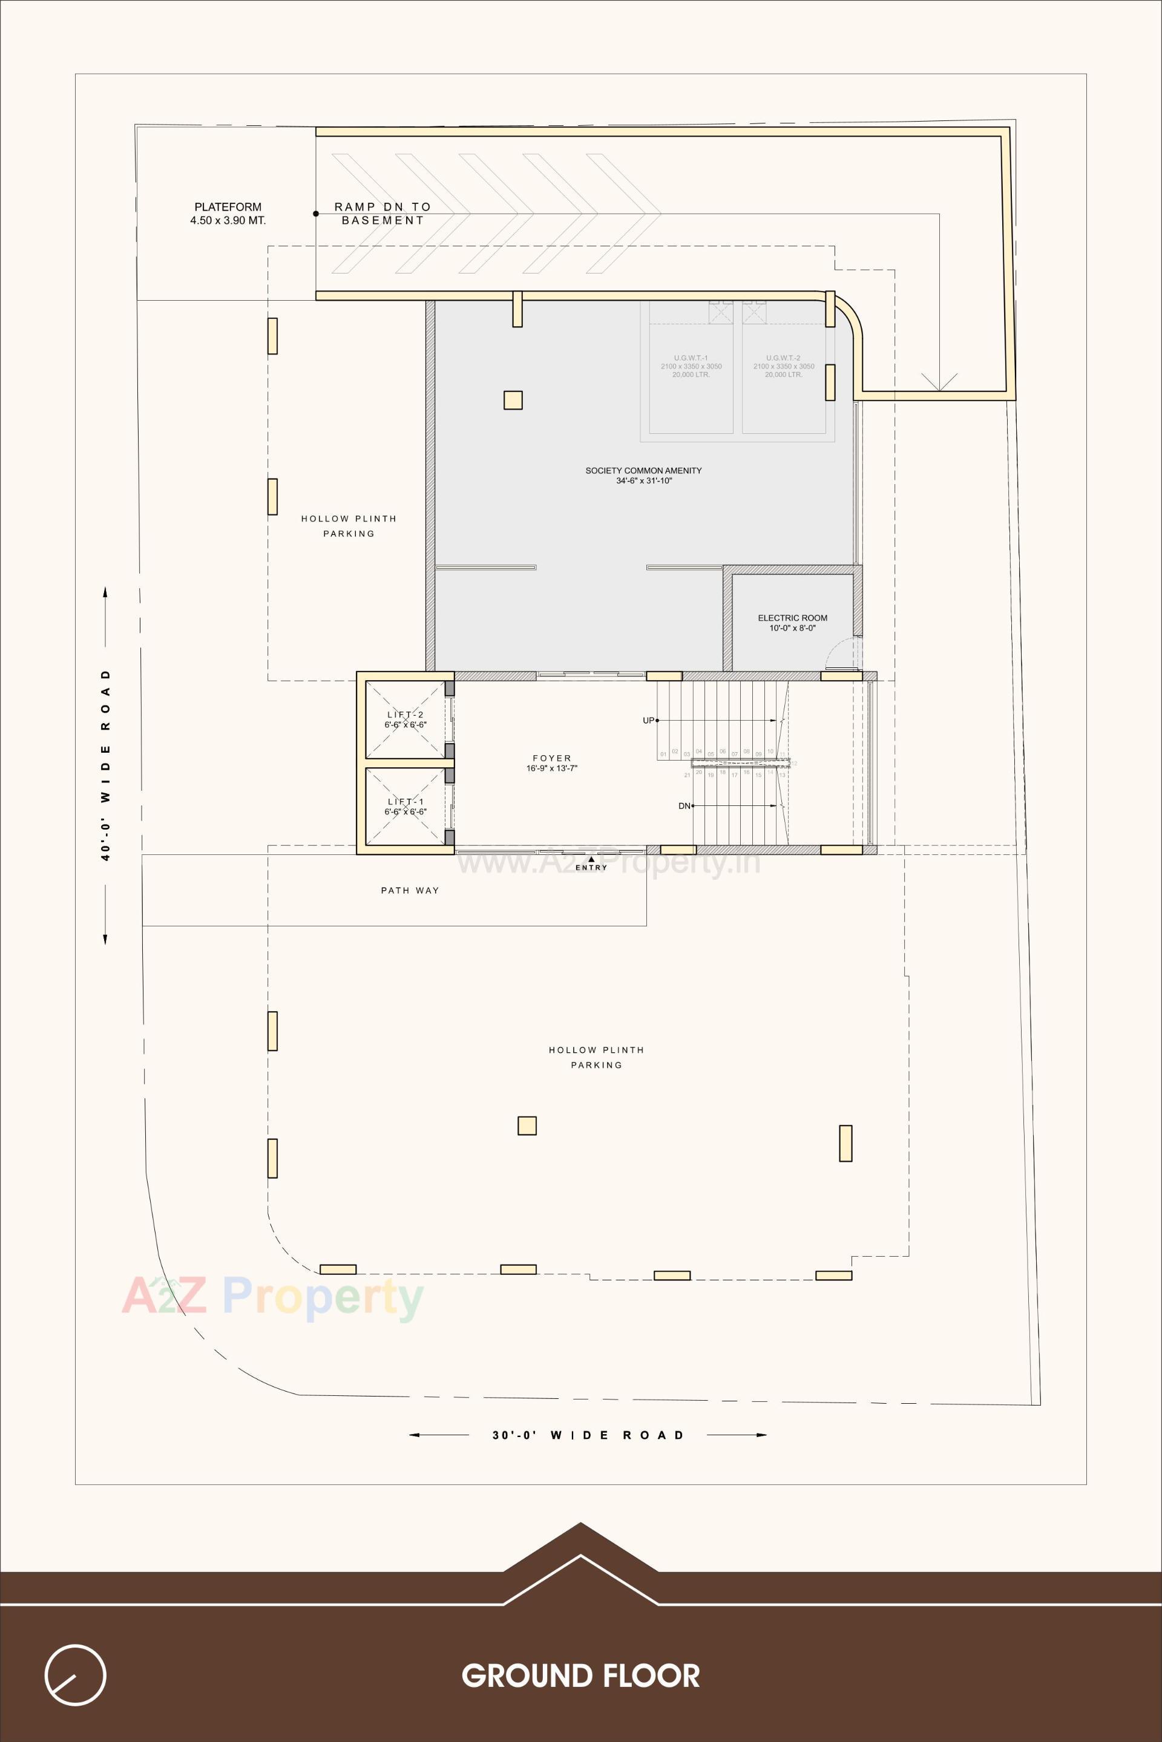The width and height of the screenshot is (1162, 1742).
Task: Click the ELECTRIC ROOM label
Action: pos(792,618)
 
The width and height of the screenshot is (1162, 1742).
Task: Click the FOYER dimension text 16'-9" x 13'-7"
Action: pos(551,768)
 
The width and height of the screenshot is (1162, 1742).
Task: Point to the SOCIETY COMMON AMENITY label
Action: pos(643,471)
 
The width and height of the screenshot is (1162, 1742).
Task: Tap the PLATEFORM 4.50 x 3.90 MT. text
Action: pos(228,214)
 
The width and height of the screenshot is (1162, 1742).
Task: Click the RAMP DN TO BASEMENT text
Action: pos(382,214)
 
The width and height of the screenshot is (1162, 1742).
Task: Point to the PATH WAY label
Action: pos(410,891)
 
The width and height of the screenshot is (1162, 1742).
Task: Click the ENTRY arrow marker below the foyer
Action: pos(591,860)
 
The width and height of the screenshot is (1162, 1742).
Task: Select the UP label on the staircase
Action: pos(648,720)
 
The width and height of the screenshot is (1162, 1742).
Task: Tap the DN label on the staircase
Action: pos(684,805)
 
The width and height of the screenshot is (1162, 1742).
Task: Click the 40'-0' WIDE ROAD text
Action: pos(105,765)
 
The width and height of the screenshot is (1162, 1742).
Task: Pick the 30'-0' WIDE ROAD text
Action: pos(588,1435)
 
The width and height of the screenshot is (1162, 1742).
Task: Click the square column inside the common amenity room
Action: pos(513,400)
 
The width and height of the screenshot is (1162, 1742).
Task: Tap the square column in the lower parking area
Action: pos(527,1125)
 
